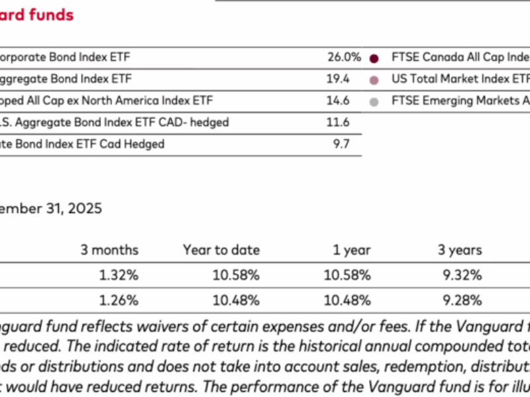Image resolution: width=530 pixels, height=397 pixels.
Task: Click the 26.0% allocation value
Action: tap(344, 58)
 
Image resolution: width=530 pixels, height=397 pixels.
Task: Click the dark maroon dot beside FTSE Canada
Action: tap(374, 58)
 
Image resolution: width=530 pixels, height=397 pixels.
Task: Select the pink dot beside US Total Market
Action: tap(374, 80)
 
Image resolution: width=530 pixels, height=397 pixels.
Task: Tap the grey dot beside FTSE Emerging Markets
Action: tap(374, 102)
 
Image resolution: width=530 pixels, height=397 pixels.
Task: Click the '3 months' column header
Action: tap(109, 250)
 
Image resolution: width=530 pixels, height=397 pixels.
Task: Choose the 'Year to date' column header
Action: tap(221, 250)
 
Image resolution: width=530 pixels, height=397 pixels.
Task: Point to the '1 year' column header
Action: tap(352, 250)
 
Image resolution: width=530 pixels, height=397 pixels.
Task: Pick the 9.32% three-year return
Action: tap(462, 275)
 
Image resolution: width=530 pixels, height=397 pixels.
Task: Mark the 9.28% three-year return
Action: tap(462, 300)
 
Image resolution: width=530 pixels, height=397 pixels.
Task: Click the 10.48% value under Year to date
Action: tap(236, 300)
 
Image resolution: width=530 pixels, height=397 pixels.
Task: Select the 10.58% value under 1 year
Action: tap(347, 275)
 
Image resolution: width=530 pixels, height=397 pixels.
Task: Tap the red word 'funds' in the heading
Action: tap(52, 14)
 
